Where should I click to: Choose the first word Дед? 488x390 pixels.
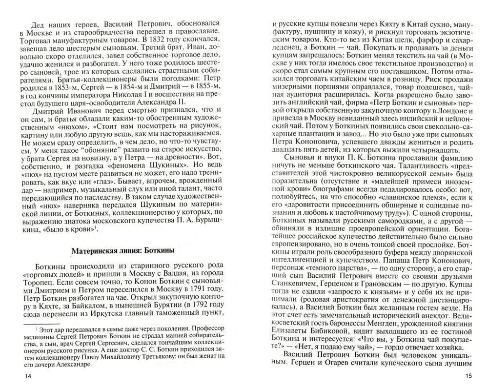click(x=39, y=23)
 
